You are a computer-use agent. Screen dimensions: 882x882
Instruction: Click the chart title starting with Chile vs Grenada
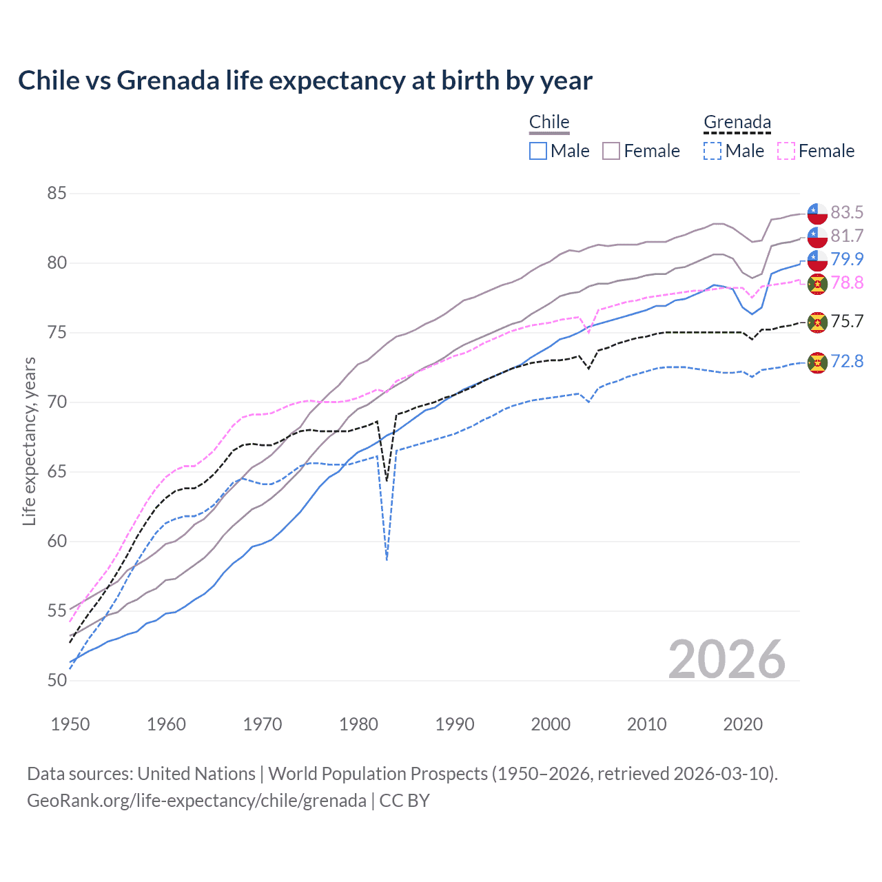click(x=305, y=81)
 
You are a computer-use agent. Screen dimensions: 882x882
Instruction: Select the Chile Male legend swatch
click(x=538, y=151)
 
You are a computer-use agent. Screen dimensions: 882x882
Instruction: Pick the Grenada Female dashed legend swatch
click(x=786, y=151)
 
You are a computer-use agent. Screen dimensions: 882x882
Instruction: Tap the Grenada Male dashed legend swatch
click(x=712, y=151)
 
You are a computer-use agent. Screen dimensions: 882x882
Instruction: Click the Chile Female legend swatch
click(x=611, y=151)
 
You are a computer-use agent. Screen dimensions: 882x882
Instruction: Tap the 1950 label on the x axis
click(x=70, y=724)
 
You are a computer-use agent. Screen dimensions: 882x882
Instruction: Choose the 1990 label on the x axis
click(x=455, y=724)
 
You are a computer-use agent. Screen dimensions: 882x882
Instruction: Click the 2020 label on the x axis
click(x=743, y=724)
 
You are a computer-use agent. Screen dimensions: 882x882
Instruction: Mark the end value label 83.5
click(x=847, y=212)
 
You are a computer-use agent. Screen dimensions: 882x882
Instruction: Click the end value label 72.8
click(x=847, y=361)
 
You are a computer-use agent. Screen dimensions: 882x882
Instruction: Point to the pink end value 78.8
click(x=847, y=283)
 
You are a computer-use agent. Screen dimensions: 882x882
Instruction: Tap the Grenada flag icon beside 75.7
click(x=817, y=322)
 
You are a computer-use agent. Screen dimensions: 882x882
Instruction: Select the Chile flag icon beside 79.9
click(x=817, y=260)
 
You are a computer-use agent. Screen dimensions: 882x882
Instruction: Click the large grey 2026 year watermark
click(x=727, y=659)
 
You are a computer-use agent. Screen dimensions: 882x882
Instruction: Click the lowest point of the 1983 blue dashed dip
click(x=387, y=560)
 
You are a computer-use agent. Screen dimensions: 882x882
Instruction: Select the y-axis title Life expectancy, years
click(x=29, y=441)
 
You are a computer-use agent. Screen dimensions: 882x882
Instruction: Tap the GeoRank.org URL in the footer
click(x=196, y=801)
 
